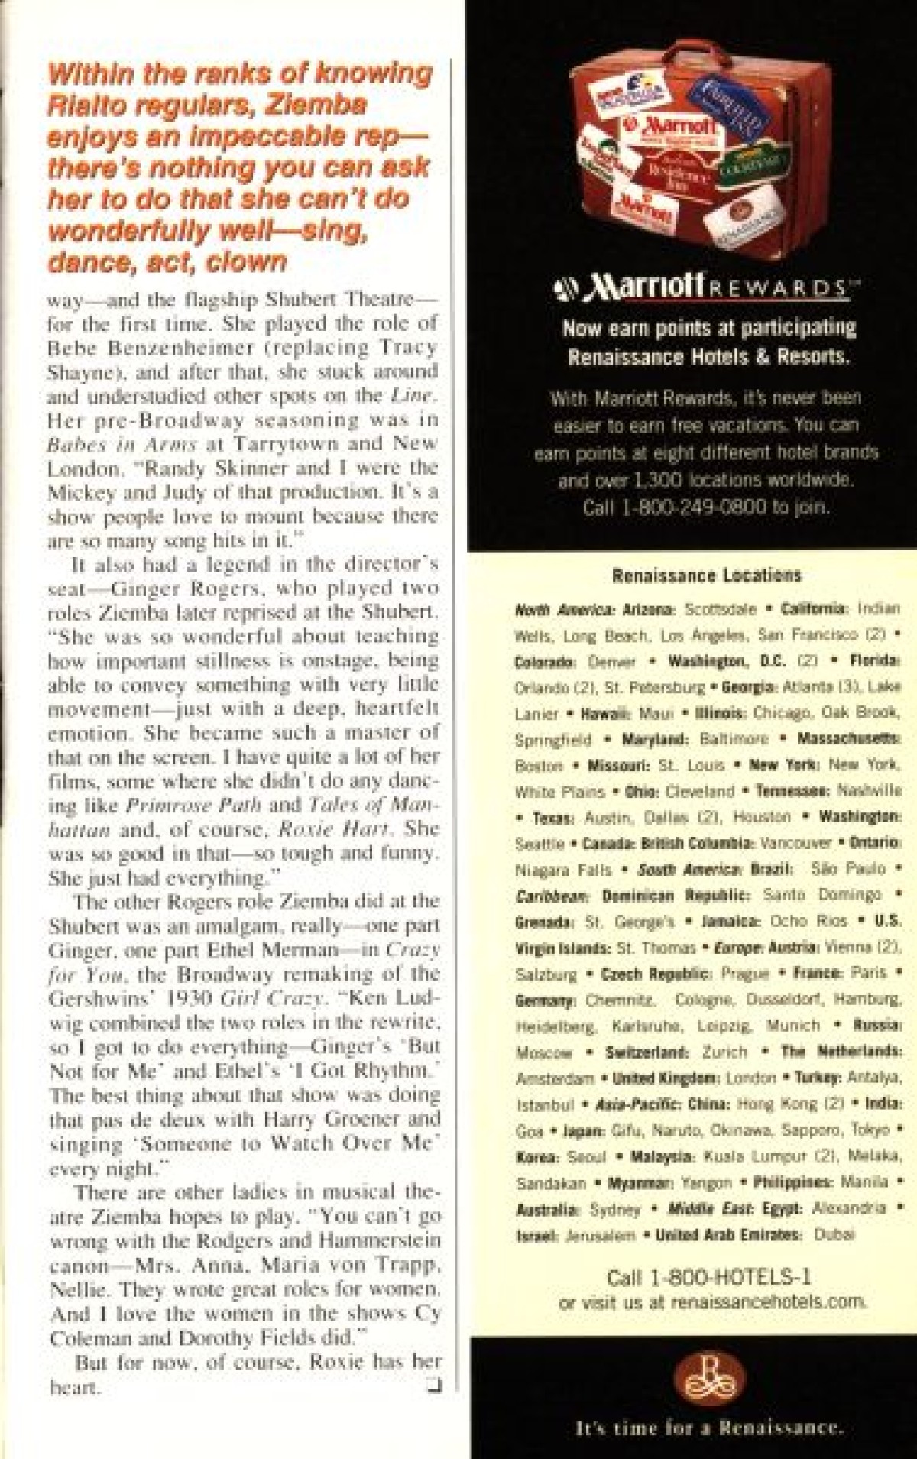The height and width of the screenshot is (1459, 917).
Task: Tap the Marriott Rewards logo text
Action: (706, 288)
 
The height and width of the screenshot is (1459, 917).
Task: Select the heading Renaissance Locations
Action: (706, 575)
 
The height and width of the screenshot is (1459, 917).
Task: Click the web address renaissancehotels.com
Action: (768, 1302)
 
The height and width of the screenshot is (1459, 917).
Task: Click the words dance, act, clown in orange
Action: (167, 262)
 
